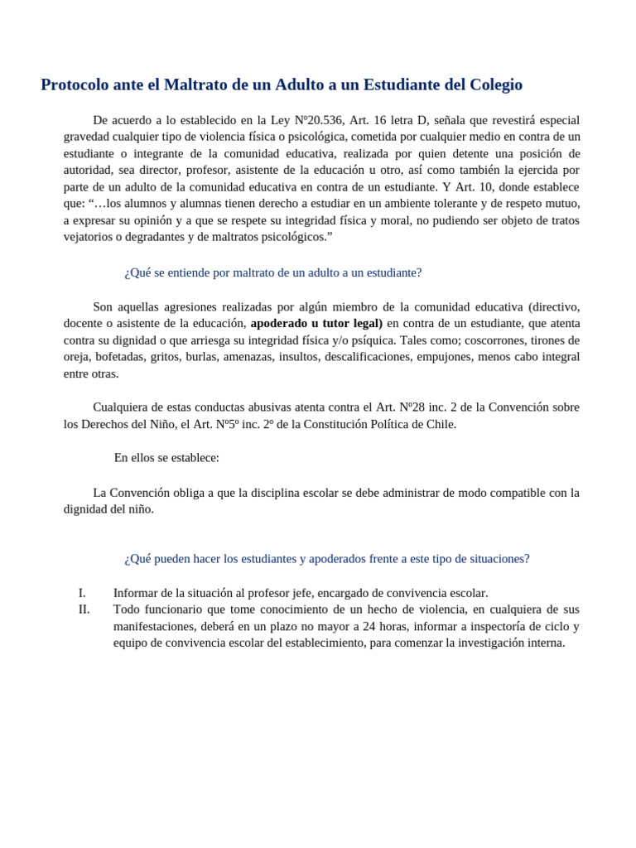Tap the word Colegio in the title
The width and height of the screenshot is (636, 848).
pos(495,85)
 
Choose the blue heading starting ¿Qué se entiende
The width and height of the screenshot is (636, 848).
pos(272,272)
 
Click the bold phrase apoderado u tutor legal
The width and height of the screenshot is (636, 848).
pos(316,323)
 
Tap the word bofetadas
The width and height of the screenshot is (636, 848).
pos(120,357)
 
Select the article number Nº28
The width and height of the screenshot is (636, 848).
pos(412,407)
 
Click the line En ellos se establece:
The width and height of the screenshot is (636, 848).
pos(166,458)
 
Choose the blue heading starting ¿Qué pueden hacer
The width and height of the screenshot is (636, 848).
pos(326,559)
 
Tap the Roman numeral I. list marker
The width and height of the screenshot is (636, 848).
pos(82,593)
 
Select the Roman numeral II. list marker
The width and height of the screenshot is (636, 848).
pos(84,609)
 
